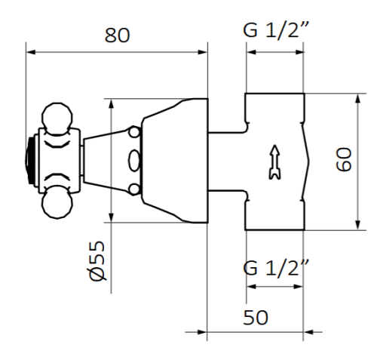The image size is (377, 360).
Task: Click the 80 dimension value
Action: pos(117,35)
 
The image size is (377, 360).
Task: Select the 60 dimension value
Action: pos(345,161)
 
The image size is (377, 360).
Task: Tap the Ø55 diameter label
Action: pos(96,261)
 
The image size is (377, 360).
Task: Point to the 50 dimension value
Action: pos(256,316)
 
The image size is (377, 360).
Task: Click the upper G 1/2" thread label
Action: pos(274,32)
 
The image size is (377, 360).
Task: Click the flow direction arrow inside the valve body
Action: pos(272,161)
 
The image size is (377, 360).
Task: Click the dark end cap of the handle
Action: pos(31,161)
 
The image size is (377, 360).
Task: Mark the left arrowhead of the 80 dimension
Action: pos(31,52)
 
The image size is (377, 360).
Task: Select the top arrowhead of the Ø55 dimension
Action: pos(112,103)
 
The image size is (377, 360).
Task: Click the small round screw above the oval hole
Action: pos(134,134)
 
